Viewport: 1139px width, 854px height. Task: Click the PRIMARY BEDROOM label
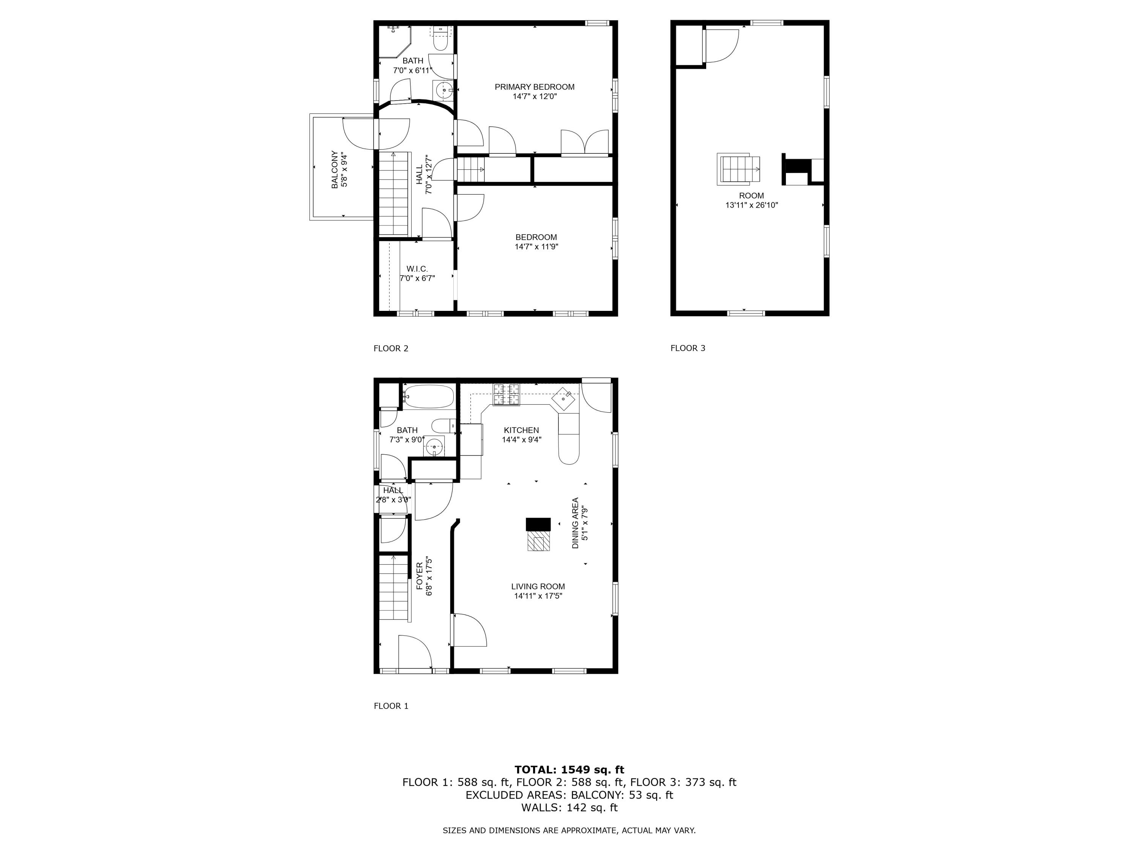535,91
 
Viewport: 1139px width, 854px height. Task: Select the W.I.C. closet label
417,273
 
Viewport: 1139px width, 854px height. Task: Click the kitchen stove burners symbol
507,395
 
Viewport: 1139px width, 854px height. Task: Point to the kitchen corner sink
565,399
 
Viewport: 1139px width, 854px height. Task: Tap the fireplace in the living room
538,535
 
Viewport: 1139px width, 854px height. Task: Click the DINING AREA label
579,523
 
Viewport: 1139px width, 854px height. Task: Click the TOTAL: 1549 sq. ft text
569,770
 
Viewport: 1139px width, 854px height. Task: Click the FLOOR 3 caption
688,348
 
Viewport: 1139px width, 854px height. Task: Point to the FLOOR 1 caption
391,706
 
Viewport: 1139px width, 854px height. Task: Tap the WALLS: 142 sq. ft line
569,808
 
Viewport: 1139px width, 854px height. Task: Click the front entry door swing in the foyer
415,653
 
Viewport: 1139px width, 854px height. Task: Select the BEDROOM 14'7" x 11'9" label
536,242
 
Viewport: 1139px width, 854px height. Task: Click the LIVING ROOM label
538,591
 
